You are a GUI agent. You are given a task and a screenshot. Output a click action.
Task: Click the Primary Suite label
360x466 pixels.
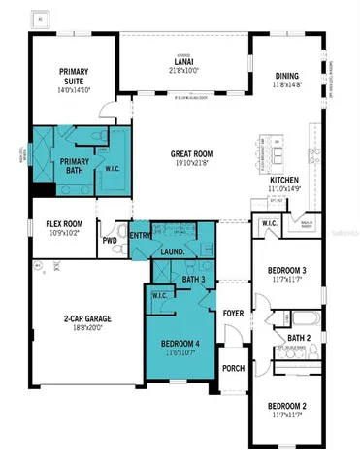pos(74,77)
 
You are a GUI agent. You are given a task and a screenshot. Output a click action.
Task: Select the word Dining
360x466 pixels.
pos(286,77)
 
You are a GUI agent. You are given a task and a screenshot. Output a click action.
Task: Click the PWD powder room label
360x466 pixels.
pos(110,240)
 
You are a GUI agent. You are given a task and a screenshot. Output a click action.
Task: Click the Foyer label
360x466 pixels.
pos(233,314)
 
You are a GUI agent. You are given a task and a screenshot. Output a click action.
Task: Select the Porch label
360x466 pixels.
pos(233,368)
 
